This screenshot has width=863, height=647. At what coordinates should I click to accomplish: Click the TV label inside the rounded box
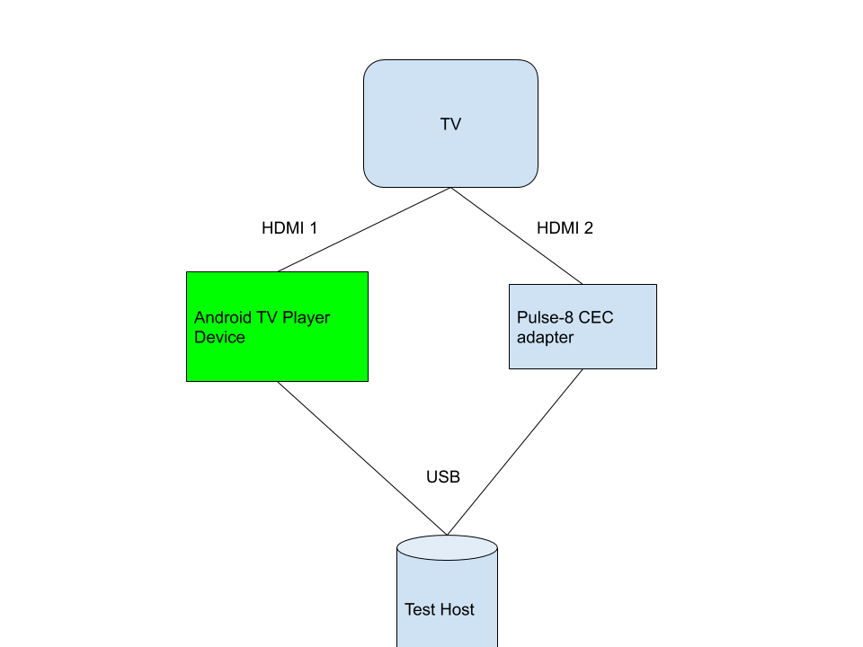pyautogui.click(x=450, y=124)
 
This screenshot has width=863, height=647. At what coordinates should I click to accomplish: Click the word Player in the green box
pyautogui.click(x=306, y=318)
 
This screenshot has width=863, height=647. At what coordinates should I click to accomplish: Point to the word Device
pyautogui.click(x=219, y=338)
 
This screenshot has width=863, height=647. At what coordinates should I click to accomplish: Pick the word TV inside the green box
pyautogui.click(x=268, y=318)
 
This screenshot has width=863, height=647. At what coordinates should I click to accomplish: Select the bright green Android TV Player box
pyautogui.click(x=277, y=359)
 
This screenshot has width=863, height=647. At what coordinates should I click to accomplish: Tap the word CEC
pyautogui.click(x=596, y=318)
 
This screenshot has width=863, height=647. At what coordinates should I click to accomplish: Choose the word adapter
pyautogui.click(x=545, y=338)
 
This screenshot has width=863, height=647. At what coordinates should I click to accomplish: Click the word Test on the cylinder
pyautogui.click(x=419, y=609)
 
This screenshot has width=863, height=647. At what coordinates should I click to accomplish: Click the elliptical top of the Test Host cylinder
pyautogui.click(x=447, y=546)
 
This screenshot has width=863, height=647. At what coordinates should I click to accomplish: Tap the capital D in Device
pyautogui.click(x=200, y=338)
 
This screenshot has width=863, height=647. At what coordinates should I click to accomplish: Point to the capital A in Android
pyautogui.click(x=200, y=318)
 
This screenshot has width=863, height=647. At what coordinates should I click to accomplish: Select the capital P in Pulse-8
pyautogui.click(x=521, y=318)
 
